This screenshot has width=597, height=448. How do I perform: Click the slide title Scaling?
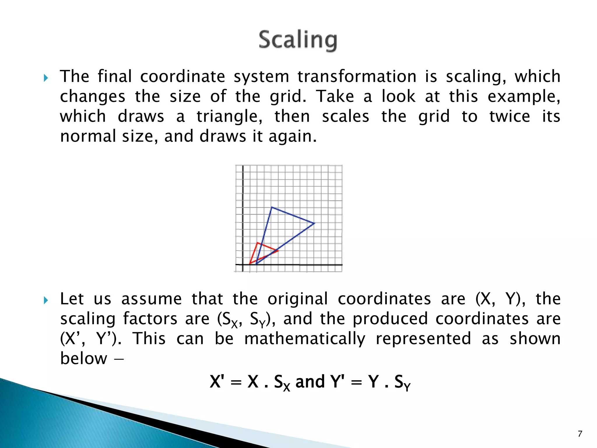298,40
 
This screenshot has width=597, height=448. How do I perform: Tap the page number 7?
580,434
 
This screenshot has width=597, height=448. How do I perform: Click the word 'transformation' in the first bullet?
357,76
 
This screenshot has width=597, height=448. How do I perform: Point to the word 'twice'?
510,116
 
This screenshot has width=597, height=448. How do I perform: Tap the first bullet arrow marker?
46,78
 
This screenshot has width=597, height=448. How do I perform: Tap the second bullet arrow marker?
46,300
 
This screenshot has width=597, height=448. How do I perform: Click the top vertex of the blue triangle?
272,207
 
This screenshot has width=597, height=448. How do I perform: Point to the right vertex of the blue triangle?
314,223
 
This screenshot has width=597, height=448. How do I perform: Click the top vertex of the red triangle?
257,243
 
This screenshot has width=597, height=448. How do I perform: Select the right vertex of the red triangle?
278,250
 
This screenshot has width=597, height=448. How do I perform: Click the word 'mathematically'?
305,339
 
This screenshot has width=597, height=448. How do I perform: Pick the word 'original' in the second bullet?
298,299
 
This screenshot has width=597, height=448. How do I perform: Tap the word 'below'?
84,358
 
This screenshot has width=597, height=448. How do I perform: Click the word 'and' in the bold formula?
310,381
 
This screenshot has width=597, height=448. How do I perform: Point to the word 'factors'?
150,318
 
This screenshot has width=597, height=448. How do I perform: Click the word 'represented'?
423,339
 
